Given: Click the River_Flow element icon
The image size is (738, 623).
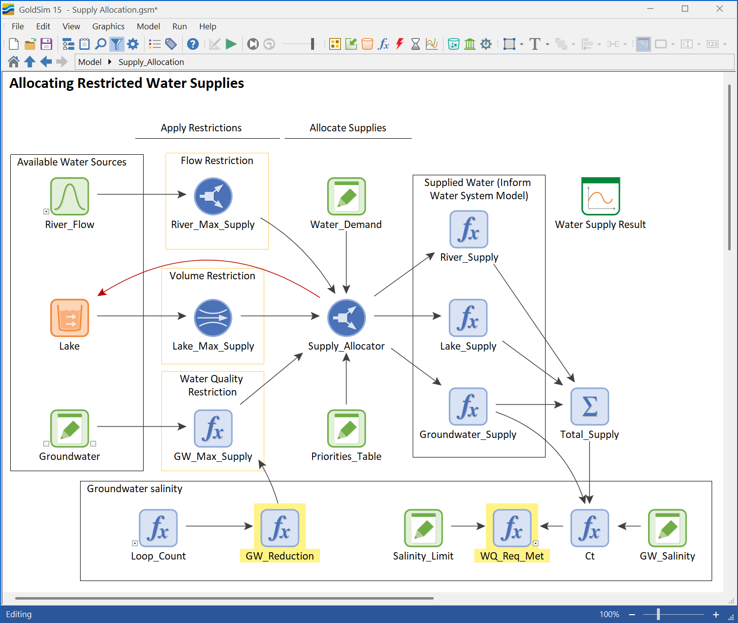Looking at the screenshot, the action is tap(70, 196).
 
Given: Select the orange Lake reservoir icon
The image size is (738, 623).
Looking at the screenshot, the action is tap(70, 318).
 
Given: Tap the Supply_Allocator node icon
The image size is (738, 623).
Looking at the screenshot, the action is tap(346, 318).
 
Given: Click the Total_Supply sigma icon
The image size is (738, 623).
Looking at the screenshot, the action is tap(590, 406).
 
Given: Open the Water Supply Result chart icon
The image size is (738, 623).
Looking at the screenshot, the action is tap(600, 196).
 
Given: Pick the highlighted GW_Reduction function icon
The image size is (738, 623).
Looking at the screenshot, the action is tap(279, 528).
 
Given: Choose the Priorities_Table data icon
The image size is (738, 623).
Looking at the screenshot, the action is tap(346, 428).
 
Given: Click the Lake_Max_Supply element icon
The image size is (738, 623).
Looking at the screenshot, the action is tap(213, 318).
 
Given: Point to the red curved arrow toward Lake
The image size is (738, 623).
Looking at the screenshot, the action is tap(209, 261).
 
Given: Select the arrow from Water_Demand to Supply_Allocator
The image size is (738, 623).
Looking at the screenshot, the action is tap(346, 262).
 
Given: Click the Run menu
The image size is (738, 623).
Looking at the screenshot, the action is tap(180, 26).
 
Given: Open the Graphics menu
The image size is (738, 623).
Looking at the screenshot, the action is tap(108, 26).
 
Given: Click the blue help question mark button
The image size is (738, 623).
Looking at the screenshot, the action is tap(192, 44).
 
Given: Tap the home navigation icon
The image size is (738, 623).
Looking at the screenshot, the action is tap(13, 62).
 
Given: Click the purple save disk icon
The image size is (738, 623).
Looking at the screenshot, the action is tap(46, 44).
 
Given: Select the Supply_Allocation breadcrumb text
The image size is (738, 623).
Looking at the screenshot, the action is tap(151, 62).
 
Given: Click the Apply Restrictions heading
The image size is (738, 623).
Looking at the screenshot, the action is tap(201, 128).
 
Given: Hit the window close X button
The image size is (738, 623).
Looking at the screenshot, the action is tap(719, 9).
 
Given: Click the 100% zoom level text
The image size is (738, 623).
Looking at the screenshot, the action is tap(610, 615).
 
